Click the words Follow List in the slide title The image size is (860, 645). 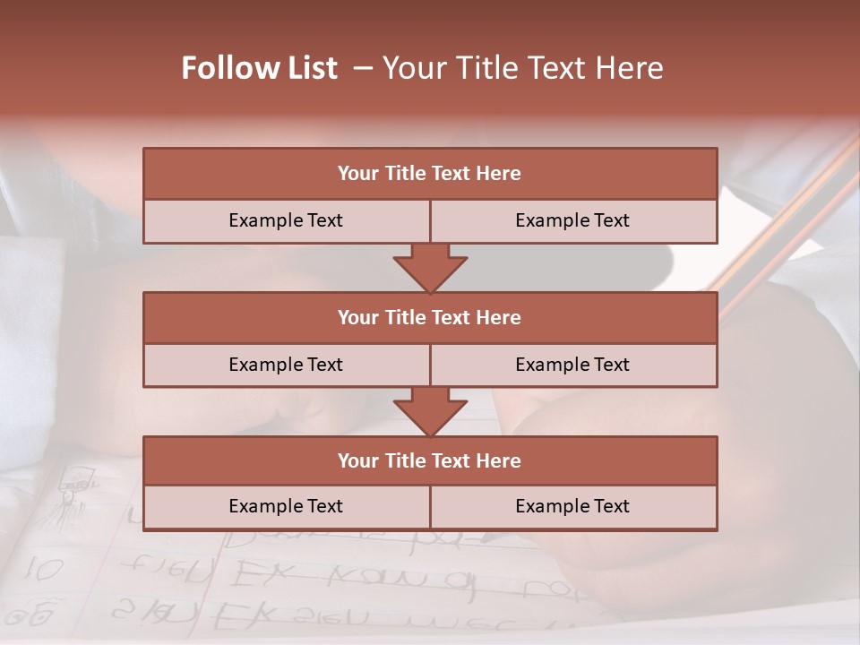259,68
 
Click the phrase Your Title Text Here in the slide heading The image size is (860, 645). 522,68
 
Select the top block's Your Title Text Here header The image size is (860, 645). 429,174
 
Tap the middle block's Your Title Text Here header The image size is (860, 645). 429,317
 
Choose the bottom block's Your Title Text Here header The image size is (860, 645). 429,460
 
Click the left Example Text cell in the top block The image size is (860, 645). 286,220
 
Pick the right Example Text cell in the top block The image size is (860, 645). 572,220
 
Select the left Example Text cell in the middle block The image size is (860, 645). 286,365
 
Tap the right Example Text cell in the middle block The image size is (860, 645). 572,365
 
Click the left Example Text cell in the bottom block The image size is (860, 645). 286,506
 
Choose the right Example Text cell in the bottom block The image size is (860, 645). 572,506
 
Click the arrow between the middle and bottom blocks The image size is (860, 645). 430,411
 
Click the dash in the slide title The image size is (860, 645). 363,68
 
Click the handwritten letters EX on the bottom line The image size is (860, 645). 235,616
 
